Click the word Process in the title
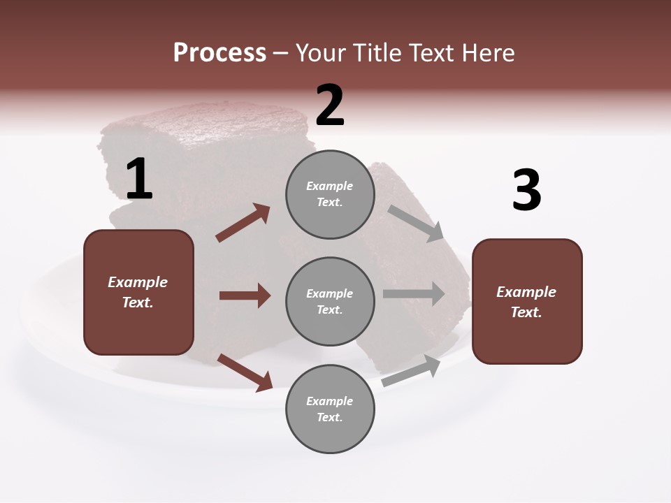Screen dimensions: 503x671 tap(219, 53)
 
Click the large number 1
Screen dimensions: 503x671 tap(139, 180)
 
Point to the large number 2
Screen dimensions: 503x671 tap(330, 105)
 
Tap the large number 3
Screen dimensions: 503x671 tap(526, 191)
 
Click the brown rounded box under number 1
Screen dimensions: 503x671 tap(138, 292)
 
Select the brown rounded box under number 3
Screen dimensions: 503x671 tap(527, 302)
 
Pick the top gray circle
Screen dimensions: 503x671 tap(330, 194)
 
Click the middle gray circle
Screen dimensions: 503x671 tap(330, 302)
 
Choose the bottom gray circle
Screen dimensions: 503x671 tap(330, 409)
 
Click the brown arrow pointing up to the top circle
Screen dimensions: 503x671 tap(243, 223)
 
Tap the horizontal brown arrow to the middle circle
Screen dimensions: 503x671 tap(245, 296)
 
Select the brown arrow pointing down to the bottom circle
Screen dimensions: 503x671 tap(245, 372)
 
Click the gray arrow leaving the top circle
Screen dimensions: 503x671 tap(416, 224)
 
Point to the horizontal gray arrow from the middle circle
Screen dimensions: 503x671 tap(414, 294)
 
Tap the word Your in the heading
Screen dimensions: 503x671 tap(321, 53)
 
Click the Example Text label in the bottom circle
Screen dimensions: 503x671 tap(330, 409)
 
